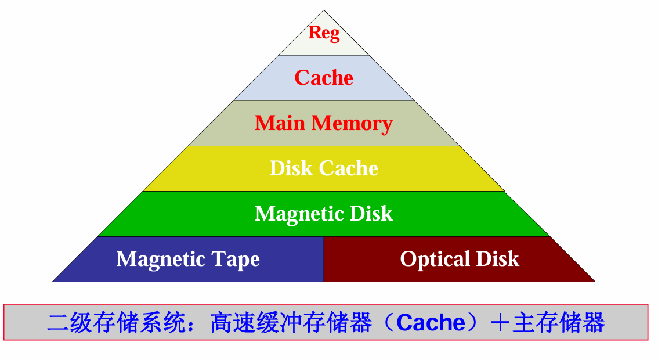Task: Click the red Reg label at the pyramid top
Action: pyautogui.click(x=324, y=33)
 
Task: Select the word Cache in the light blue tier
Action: pyautogui.click(x=324, y=78)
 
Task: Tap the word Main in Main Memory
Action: pyautogui.click(x=280, y=123)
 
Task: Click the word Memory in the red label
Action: pyautogui.click(x=352, y=124)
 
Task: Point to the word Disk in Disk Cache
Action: pyautogui.click(x=291, y=168)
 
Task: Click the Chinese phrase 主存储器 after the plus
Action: pyautogui.click(x=558, y=322)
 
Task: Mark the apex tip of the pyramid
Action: pyautogui.click(x=324, y=10)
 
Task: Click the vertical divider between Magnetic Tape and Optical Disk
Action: pyautogui.click(x=323, y=259)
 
